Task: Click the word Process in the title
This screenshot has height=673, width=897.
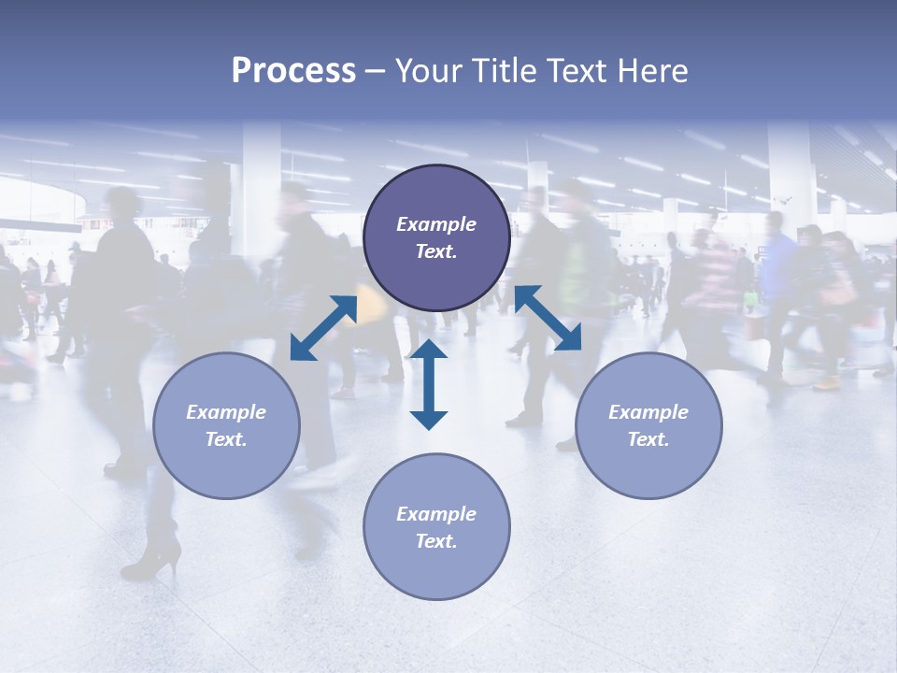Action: (293, 71)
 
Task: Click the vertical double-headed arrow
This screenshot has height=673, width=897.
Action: (429, 384)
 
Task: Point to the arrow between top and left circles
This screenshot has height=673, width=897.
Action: (323, 328)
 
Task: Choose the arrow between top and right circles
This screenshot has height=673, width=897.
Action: (548, 318)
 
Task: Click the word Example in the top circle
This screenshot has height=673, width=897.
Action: (436, 224)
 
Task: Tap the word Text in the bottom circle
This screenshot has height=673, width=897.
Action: (435, 541)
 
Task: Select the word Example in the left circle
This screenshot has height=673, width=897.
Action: (226, 412)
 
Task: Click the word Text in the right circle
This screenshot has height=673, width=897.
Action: (648, 439)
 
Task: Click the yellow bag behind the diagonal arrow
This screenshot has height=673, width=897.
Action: (371, 301)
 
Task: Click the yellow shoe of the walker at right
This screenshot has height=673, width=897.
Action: (827, 382)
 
